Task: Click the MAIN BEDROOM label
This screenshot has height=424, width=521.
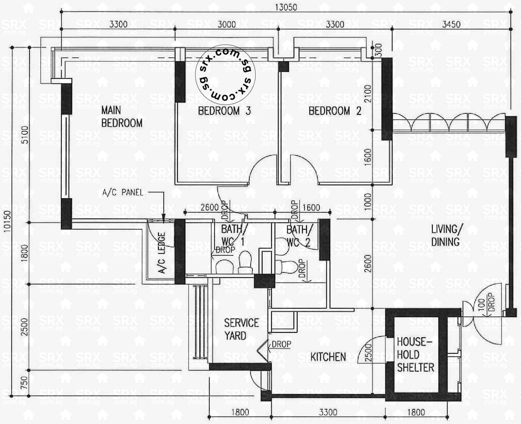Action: click(122, 117)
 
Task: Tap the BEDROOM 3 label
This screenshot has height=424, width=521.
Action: click(224, 111)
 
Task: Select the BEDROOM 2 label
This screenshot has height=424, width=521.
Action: click(335, 111)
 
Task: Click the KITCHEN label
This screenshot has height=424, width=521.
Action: click(328, 357)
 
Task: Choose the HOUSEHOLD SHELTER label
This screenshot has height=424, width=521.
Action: click(415, 354)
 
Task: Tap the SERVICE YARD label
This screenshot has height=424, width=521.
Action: click(241, 329)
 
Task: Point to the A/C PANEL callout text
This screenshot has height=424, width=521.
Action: click(123, 193)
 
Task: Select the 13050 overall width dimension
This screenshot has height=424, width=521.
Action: click(286, 7)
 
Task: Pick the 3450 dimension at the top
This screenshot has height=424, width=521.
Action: click(451, 24)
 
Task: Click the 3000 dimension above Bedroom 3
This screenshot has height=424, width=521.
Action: click(227, 24)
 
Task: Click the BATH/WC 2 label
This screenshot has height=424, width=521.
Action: click(299, 236)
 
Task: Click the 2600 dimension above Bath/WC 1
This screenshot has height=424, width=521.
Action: click(209, 207)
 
